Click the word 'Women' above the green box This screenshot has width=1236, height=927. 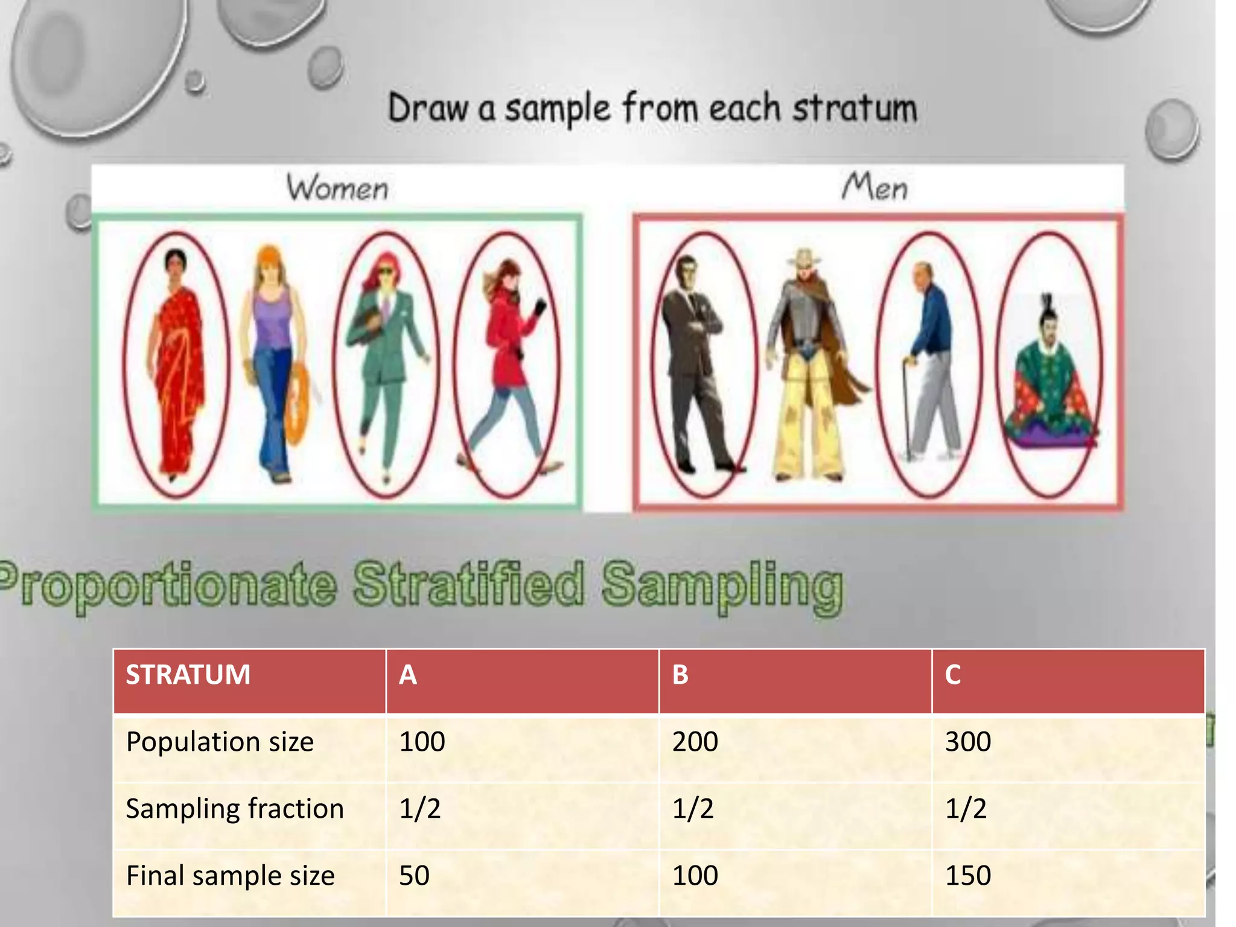pyautogui.click(x=337, y=188)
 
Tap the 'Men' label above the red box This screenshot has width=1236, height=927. pyautogui.click(x=874, y=186)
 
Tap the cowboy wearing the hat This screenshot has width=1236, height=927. pyautogui.click(x=809, y=362)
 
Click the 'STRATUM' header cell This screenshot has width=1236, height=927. pyautogui.click(x=188, y=675)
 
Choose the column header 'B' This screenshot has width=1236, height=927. pyautogui.click(x=680, y=675)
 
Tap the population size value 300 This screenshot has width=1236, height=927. pyautogui.click(x=968, y=742)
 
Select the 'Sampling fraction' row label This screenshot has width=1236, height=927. pyautogui.click(x=235, y=809)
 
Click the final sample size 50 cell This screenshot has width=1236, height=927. pyautogui.click(x=415, y=876)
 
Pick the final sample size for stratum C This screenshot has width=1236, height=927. pyautogui.click(x=968, y=876)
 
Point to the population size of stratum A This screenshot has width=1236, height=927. pyautogui.click(x=422, y=742)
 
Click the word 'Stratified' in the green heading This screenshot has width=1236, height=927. pyautogui.click(x=469, y=584)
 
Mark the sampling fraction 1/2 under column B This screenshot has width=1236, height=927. pyautogui.click(x=693, y=809)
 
